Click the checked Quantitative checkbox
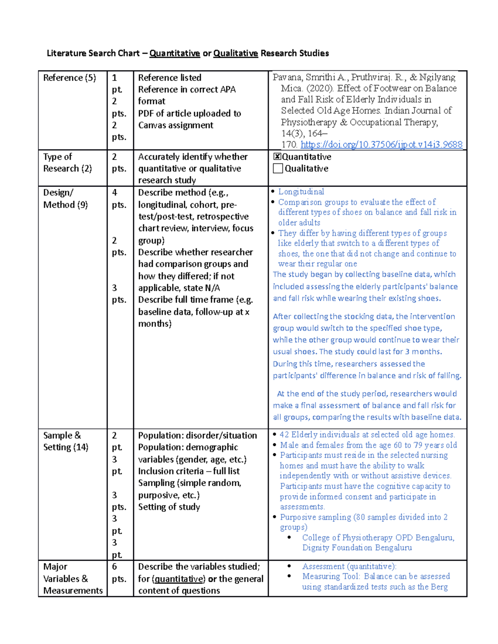coord(277,157)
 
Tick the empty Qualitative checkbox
coord(278,168)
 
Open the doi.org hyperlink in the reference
coord(381,144)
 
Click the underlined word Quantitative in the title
coord(174,53)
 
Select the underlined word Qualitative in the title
coord(235,53)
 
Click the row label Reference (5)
coord(69,78)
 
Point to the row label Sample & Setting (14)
coord(66,441)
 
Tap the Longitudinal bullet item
coord(301,192)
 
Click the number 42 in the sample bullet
coord(284,435)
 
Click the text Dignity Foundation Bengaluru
coord(356,548)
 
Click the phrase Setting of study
coord(169,507)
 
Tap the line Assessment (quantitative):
coord(349,566)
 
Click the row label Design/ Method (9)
coord(65,199)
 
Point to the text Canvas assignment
coord(176,125)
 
